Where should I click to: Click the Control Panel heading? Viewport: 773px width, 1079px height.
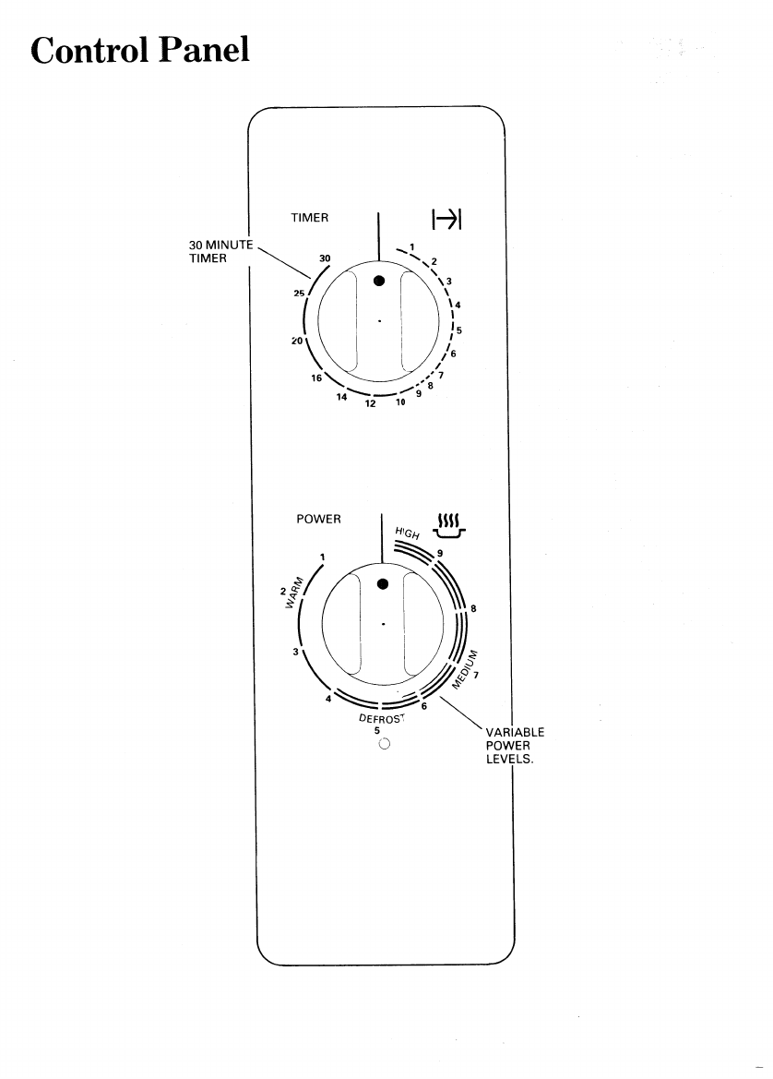(x=139, y=50)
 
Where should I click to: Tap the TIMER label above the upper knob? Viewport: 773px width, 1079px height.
(x=309, y=218)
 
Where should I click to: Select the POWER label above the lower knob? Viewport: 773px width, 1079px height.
(x=318, y=519)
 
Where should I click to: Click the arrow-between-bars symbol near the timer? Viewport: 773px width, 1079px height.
(x=446, y=220)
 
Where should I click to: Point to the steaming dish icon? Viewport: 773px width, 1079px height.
(x=449, y=525)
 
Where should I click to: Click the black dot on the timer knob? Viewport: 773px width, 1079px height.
(x=378, y=281)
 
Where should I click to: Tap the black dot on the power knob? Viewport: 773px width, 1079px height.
(x=383, y=584)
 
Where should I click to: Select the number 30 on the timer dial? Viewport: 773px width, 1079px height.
(x=325, y=258)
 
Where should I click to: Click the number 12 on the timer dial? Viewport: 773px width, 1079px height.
(x=370, y=404)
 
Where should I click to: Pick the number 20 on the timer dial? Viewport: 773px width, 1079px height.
(x=297, y=341)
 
